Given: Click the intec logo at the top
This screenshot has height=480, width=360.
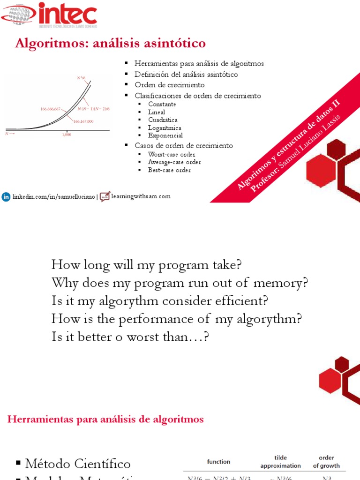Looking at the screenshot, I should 49,14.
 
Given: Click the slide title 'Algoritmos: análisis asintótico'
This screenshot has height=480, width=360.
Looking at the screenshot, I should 110,44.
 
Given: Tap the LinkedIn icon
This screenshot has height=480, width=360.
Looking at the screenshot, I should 6,197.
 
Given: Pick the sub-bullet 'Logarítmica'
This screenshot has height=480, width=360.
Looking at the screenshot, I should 165,128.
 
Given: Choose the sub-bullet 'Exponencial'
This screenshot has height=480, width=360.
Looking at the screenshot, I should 165,135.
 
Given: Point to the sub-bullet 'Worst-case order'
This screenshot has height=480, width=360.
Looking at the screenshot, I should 172,154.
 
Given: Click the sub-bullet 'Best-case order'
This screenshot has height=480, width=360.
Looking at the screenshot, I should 169,170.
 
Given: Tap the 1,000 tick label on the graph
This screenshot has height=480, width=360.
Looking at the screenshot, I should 67,135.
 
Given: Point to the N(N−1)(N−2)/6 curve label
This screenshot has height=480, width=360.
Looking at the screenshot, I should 94,109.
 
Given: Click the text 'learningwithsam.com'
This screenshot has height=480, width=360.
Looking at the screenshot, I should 141,196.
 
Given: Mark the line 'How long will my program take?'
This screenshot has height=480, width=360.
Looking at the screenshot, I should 146,265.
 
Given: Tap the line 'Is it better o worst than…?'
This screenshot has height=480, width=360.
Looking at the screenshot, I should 129,337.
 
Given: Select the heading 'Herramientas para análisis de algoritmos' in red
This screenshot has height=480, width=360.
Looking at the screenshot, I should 105,420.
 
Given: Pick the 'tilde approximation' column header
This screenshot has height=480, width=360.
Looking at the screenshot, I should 280,461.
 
